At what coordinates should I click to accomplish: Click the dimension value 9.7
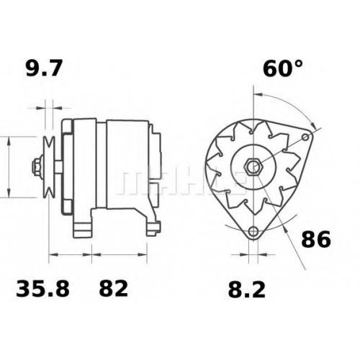pyautogui.click(x=44, y=68)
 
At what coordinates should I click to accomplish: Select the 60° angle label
pyautogui.click(x=283, y=68)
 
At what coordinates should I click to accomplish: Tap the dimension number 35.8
pyautogui.click(x=42, y=289)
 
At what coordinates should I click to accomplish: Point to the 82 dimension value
pyautogui.click(x=114, y=289)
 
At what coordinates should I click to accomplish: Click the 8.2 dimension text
pyautogui.click(x=247, y=289)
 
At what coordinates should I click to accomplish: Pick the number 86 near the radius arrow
pyautogui.click(x=316, y=239)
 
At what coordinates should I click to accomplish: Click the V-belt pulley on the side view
pyautogui.click(x=49, y=167)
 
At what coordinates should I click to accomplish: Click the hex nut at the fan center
pyautogui.click(x=254, y=166)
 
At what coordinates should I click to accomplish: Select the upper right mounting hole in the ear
pyautogui.click(x=305, y=138)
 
